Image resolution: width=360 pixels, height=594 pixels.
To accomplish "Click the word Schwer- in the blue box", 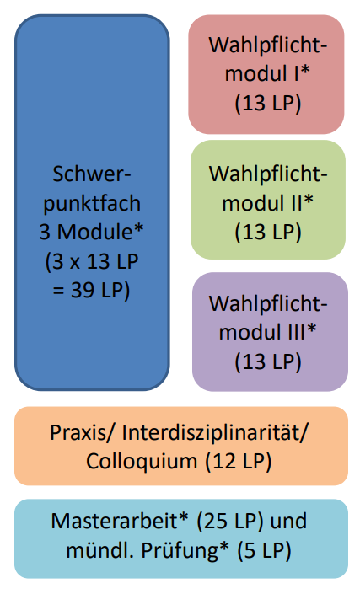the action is [92, 174].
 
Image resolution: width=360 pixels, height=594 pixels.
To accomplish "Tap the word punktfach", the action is [92, 204].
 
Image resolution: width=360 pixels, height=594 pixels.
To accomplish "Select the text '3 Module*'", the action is [92, 232].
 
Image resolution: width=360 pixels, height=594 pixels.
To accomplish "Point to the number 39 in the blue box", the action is [83, 290].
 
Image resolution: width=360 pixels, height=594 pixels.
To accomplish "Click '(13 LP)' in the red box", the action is [268, 103].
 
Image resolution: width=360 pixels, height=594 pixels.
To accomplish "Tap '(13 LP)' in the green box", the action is [268, 233].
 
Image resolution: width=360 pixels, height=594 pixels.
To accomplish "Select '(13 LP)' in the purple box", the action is [268, 361].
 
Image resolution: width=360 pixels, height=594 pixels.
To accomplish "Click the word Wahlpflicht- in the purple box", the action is [268, 303].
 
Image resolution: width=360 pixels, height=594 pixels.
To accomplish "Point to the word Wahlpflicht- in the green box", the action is [268, 174].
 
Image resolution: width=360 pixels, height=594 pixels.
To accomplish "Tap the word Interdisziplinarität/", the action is [214, 432].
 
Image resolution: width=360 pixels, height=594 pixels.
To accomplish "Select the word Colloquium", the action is [142, 462].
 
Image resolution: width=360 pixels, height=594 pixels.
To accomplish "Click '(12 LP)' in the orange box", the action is [239, 462].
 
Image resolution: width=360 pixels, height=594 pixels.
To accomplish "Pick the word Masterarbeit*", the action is [120, 522].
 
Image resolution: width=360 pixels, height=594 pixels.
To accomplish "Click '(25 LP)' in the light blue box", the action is [230, 522].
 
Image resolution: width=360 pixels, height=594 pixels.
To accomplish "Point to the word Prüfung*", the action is [185, 550].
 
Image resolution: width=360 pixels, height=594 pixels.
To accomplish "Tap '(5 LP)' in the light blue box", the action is [265, 551].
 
